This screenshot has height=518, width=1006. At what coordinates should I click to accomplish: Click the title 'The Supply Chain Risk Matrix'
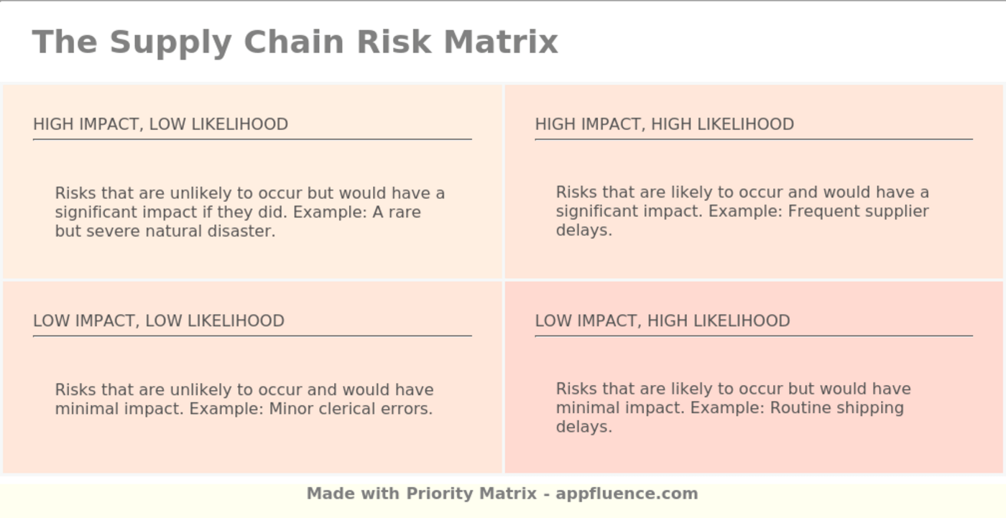coord(295,42)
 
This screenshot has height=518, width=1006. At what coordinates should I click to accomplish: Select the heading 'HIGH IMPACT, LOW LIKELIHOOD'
coord(160,124)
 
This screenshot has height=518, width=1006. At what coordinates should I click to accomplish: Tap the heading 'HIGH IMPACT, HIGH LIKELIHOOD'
coord(664,124)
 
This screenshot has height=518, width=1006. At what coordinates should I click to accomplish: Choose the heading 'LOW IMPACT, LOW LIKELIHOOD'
coord(159,320)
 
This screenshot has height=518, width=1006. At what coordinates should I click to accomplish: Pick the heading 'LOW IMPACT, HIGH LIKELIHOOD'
coord(662,320)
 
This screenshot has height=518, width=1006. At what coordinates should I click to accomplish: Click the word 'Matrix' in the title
coord(500,42)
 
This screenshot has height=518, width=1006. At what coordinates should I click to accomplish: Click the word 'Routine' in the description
coord(799,408)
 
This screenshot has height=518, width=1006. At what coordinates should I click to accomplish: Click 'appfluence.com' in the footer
coord(627,494)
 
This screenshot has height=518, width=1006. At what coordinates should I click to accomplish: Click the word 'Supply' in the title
coord(170,42)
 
